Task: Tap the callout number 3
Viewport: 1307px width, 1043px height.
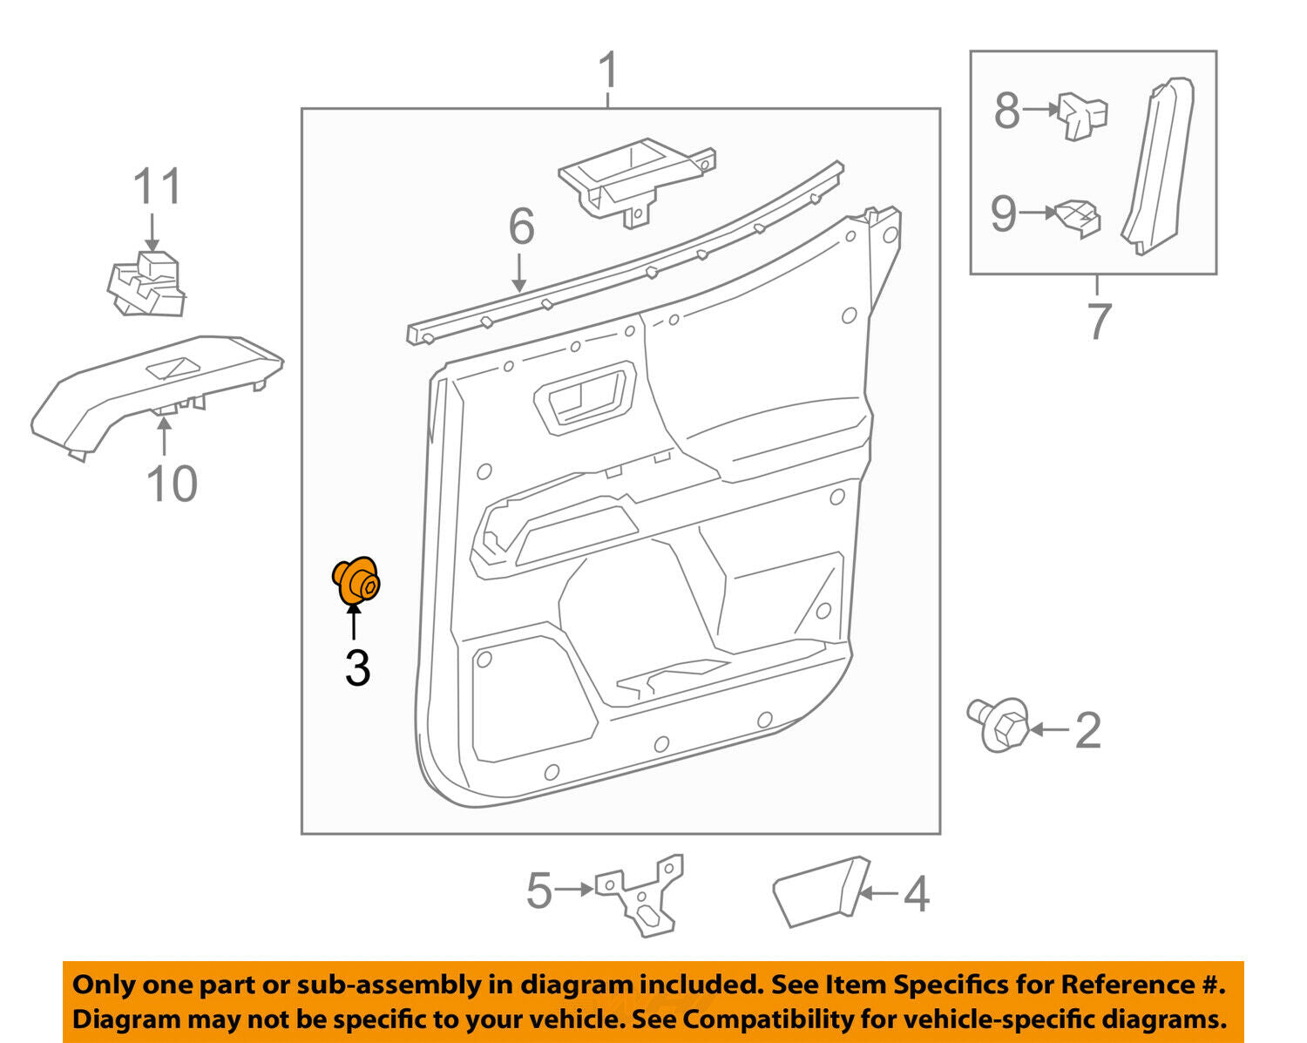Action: click(357, 668)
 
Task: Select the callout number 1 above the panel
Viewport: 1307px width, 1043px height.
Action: click(608, 71)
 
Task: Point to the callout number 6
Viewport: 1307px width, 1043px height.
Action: click(521, 227)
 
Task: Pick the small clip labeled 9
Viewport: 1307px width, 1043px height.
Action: click(1078, 219)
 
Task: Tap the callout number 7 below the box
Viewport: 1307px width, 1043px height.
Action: click(1099, 321)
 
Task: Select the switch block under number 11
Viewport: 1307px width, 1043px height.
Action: click(146, 283)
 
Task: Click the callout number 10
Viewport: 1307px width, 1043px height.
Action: click(172, 484)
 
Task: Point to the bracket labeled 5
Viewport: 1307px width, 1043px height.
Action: click(640, 895)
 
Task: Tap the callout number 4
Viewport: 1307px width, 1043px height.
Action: click(916, 894)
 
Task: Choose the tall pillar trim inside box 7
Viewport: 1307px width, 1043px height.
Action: click(1157, 166)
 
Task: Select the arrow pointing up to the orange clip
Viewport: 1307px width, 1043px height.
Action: click(354, 626)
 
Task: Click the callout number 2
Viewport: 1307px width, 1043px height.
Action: click(1087, 730)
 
